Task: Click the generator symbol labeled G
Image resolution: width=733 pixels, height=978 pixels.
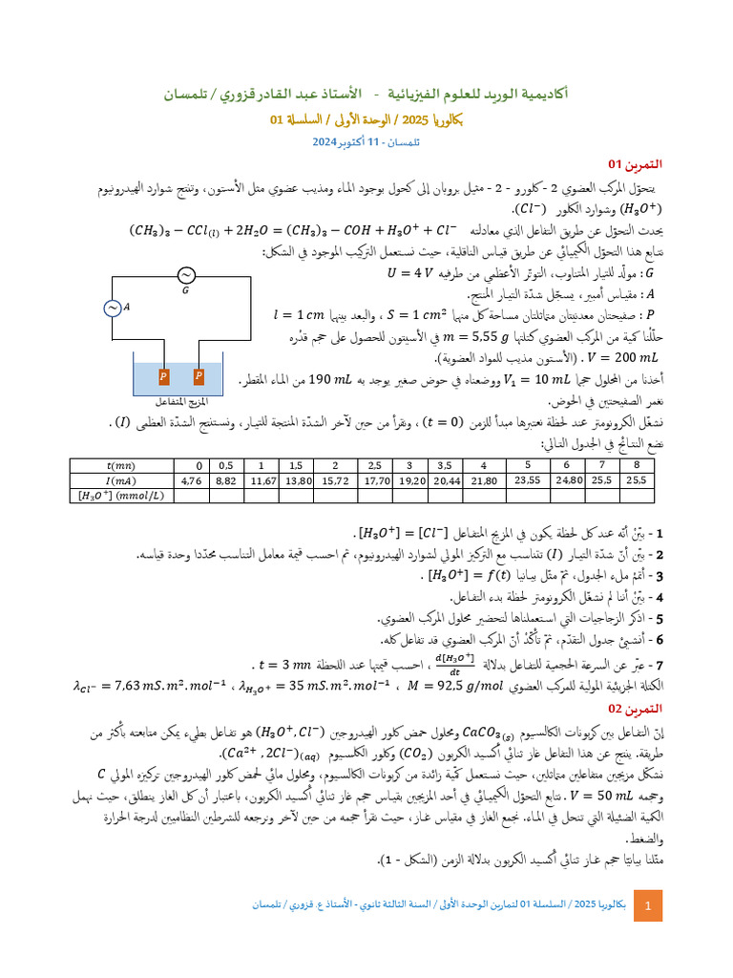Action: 185,275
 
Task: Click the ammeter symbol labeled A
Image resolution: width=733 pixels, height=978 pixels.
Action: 112,308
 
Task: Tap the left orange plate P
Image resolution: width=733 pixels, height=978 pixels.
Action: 163,375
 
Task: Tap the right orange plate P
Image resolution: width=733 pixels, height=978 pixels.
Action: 199,375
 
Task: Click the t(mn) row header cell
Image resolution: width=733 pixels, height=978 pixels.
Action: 122,464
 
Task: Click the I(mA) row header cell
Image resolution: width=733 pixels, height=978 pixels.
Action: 122,480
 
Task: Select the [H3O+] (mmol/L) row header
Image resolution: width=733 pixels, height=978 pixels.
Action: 122,496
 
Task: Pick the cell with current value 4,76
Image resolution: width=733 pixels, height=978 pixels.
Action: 192,480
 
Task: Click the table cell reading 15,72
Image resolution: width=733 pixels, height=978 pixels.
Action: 335,480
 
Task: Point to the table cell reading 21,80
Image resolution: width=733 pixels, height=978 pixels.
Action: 485,480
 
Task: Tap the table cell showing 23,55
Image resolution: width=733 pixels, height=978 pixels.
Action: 528,480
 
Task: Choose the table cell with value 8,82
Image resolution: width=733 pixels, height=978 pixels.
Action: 226,480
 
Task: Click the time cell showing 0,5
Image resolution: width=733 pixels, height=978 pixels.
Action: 226,464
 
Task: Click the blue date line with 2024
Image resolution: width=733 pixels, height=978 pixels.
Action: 366,141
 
